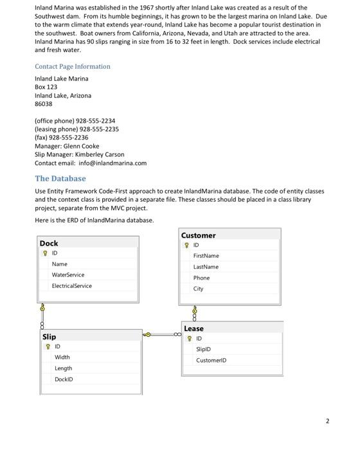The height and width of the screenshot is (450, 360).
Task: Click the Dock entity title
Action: tap(49, 243)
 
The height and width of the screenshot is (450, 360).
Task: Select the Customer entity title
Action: tap(198, 235)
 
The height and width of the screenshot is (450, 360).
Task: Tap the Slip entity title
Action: tap(49, 336)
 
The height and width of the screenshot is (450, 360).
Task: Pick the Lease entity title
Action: tap(194, 328)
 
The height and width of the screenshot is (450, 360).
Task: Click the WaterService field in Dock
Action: tap(68, 274)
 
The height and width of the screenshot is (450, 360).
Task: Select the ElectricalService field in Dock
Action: tap(71, 285)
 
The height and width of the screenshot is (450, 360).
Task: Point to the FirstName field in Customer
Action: tap(206, 255)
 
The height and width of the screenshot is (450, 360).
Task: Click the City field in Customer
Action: tap(199, 289)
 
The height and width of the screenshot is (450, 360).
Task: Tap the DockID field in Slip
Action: tap(64, 379)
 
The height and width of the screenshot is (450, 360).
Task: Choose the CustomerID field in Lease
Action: tap(211, 360)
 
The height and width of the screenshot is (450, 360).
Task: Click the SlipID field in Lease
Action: tap(204, 349)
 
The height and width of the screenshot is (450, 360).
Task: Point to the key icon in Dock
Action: tap(44, 253)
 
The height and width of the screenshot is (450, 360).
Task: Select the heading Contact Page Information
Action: tap(73, 66)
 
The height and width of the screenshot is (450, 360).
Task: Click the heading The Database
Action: tap(60, 179)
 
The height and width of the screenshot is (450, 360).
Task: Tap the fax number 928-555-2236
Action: tap(82, 138)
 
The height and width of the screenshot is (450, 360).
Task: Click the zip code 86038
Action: tap(43, 104)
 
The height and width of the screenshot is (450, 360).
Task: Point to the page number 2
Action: tap(327, 421)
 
